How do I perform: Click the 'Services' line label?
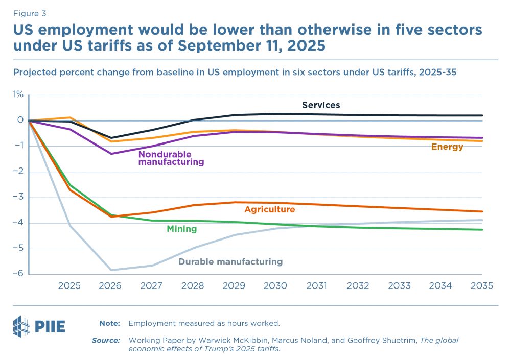tap(321, 105)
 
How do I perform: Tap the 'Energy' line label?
tap(447, 147)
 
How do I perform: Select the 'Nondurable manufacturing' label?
tap(171, 158)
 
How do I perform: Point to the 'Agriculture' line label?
tap(269, 209)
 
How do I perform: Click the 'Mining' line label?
tap(181, 229)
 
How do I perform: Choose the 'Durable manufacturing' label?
tap(230, 262)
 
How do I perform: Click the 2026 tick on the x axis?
tap(110, 286)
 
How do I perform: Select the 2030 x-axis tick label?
tap(275, 286)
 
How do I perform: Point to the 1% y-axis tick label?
tap(18, 94)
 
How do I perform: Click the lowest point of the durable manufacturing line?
tap(110, 270)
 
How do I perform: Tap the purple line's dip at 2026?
tap(110, 154)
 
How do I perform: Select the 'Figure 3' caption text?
tap(29, 14)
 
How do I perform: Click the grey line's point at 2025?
tap(69, 225)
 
